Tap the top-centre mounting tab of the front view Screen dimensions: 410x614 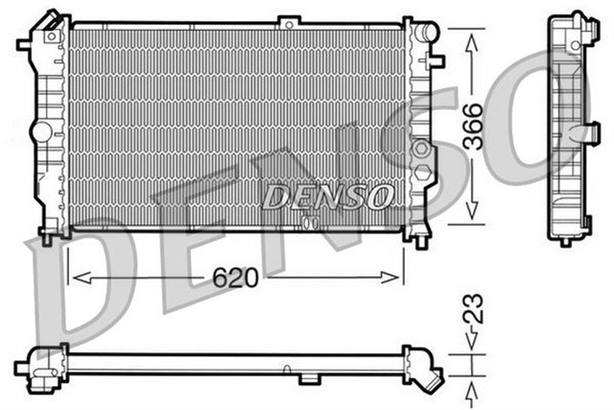click(x=287, y=19)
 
